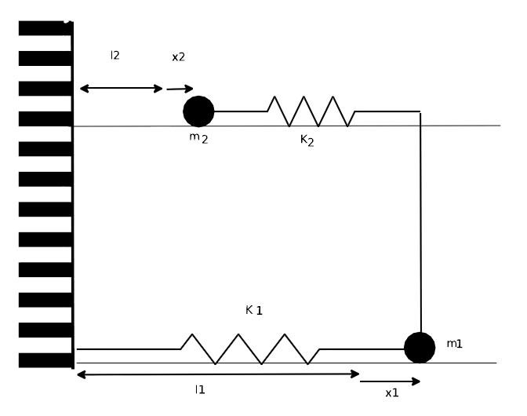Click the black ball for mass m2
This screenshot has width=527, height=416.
(198, 111)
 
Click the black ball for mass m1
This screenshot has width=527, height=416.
(420, 348)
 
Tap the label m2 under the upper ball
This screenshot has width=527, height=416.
(198, 138)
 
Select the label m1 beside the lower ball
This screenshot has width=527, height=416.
(454, 344)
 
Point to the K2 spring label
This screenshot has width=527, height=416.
(307, 140)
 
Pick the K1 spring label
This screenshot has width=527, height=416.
(254, 310)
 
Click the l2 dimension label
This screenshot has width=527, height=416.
(115, 55)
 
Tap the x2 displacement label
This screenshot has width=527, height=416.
(179, 57)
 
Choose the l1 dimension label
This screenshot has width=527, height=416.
(200, 389)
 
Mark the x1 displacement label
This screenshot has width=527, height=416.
(392, 392)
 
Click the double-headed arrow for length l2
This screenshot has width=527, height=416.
(122, 89)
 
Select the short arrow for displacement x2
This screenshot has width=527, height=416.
(180, 89)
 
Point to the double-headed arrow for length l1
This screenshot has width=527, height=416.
(218, 374)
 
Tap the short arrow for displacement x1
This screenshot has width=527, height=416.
(390, 381)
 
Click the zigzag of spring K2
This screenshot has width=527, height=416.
(311, 111)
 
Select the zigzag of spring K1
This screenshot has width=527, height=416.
(250, 349)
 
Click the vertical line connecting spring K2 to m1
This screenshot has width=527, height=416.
(420, 223)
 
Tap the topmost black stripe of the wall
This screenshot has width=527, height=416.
(45, 28)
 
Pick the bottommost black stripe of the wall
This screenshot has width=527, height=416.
(45, 360)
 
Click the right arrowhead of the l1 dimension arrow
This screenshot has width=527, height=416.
(355, 374)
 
